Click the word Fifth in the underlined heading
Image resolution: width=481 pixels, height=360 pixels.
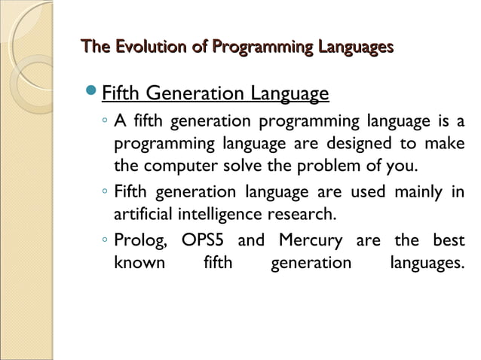(121, 95)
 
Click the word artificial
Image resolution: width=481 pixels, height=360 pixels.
(143, 214)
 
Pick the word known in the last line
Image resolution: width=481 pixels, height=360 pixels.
(139, 264)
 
